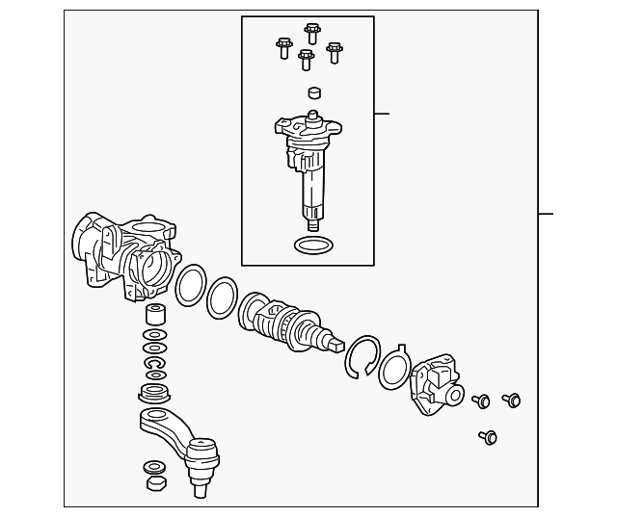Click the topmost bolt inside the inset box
311,34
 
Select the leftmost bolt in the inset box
283,47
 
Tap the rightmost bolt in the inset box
335,52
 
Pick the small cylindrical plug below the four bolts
312,94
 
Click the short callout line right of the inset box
382,114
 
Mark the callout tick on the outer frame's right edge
546,213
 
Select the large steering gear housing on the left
125,255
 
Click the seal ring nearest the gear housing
191,285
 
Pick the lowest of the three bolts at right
488,438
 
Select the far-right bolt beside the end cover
512,400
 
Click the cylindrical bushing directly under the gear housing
154,316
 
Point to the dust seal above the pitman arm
154,392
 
